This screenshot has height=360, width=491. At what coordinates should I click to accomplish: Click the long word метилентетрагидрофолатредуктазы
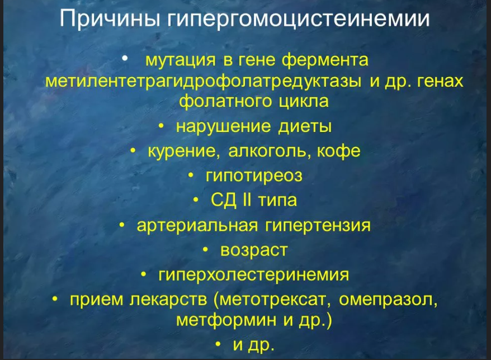pos(203,81)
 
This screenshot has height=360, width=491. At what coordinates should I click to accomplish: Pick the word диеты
pos(305,127)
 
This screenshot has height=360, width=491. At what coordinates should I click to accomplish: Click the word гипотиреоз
pos(254,176)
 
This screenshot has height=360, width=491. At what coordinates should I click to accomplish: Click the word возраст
pos(254,250)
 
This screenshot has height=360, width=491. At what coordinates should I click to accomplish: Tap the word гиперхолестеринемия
pos(254,274)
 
